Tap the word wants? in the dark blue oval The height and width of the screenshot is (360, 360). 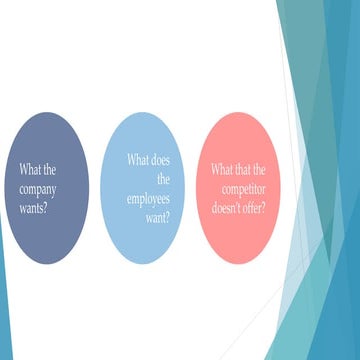(x=36, y=207)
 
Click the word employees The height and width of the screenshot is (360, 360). (x=148, y=198)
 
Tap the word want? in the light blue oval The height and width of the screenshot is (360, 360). (x=156, y=216)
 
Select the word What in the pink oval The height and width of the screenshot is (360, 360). (x=222, y=170)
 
